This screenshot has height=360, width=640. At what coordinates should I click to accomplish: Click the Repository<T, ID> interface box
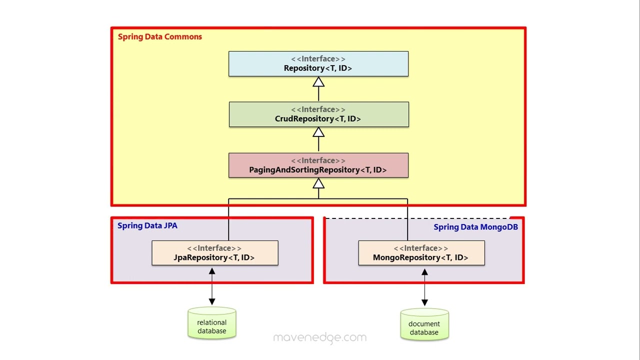(318, 63)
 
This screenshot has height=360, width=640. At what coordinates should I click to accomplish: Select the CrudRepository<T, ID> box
(318, 114)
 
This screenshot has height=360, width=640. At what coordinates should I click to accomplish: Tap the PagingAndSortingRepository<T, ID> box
(318, 165)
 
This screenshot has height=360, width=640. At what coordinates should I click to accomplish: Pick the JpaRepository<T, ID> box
(214, 253)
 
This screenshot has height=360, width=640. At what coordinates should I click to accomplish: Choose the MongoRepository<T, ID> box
(421, 253)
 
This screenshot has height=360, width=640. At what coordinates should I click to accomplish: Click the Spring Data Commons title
(159, 36)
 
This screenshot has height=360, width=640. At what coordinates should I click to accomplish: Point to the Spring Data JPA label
(147, 225)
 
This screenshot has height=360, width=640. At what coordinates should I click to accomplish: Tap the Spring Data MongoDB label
(475, 227)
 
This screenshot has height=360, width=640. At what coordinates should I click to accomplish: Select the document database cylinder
(424, 325)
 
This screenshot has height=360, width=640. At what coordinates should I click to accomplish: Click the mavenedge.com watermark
(320, 337)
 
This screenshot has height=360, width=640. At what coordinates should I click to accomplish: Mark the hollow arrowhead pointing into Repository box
(318, 82)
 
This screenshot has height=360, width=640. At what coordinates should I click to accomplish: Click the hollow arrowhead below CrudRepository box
(318, 132)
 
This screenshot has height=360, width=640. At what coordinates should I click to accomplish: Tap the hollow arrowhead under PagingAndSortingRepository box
(318, 183)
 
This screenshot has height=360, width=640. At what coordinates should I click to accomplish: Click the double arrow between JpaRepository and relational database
(212, 286)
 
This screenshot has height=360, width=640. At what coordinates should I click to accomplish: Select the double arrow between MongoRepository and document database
(424, 287)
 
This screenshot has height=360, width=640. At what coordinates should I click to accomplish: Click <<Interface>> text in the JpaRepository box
(214, 248)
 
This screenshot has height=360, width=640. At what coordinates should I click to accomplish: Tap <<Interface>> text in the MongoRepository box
(420, 248)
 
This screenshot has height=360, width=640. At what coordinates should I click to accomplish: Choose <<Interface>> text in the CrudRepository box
(318, 109)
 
